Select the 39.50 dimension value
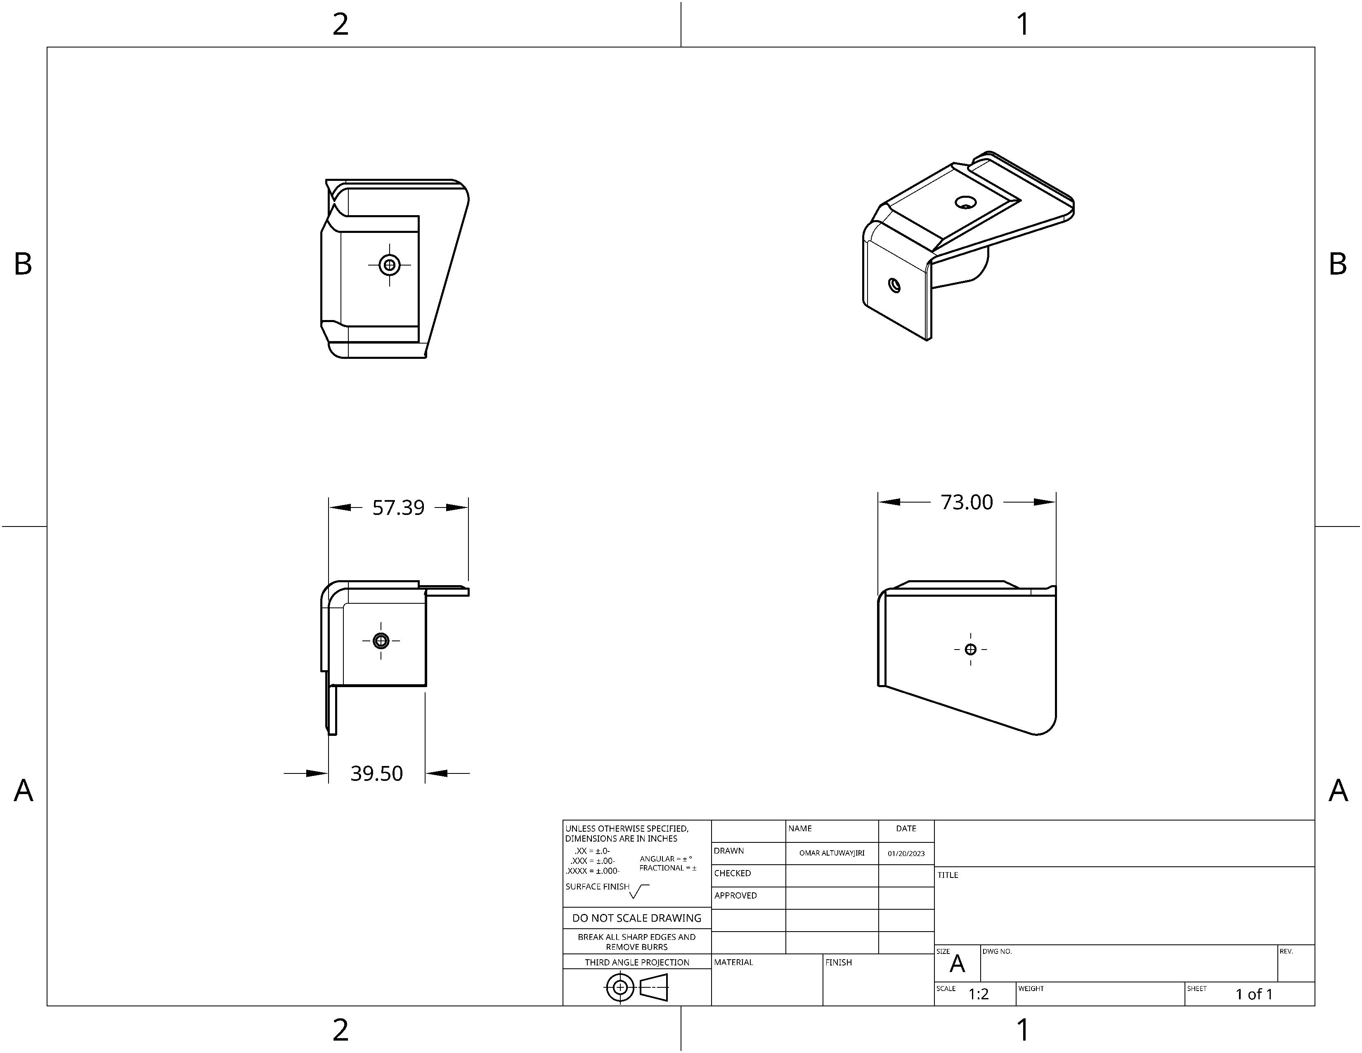coord(377,773)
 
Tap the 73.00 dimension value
coord(967,502)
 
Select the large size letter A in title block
coord(957,964)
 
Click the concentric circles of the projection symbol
coord(620,987)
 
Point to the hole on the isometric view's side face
coord(894,286)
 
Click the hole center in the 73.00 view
coord(970,650)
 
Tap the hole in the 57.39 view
coord(381,640)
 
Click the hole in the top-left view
coord(390,265)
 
